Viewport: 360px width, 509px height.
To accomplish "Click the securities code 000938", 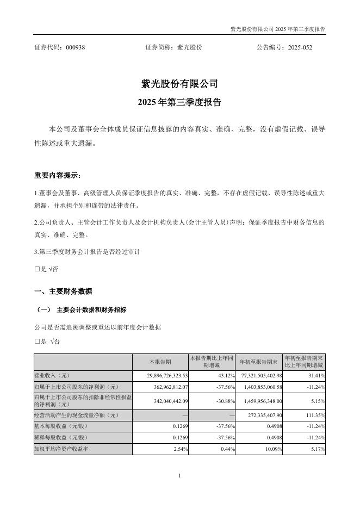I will [x=75, y=47].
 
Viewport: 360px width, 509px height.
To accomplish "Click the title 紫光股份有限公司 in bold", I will [x=179, y=84].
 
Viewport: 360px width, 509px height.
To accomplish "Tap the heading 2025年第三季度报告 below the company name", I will [x=179, y=102].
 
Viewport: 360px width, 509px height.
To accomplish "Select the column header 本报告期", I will [x=160, y=362].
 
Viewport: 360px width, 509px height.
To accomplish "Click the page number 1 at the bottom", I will [x=179, y=476].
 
